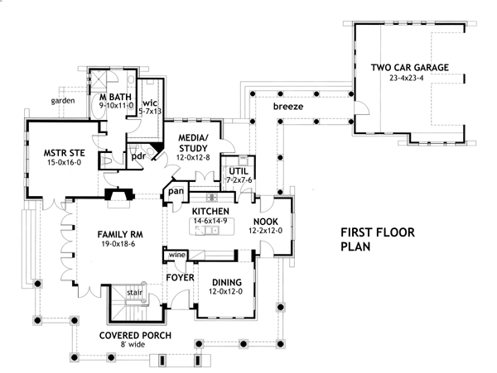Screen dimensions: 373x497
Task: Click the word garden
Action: (x=62, y=100)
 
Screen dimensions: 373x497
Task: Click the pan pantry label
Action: (x=176, y=192)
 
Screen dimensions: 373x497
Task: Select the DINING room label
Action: (x=224, y=281)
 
